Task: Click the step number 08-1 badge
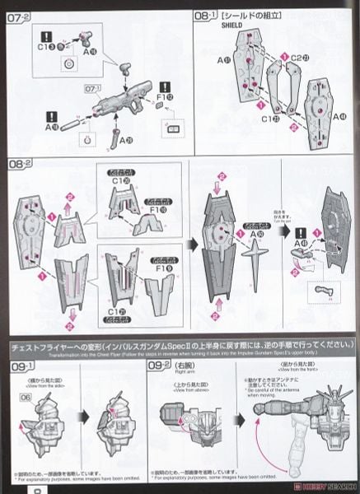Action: coord(207,16)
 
